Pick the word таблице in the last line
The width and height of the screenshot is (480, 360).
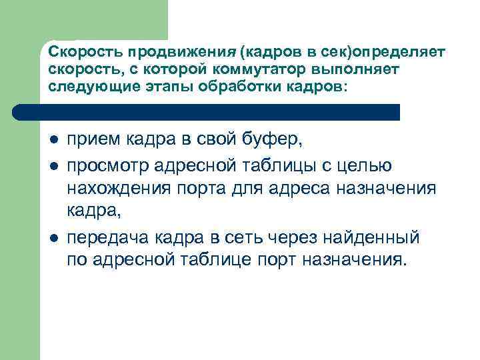point(211,260)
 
